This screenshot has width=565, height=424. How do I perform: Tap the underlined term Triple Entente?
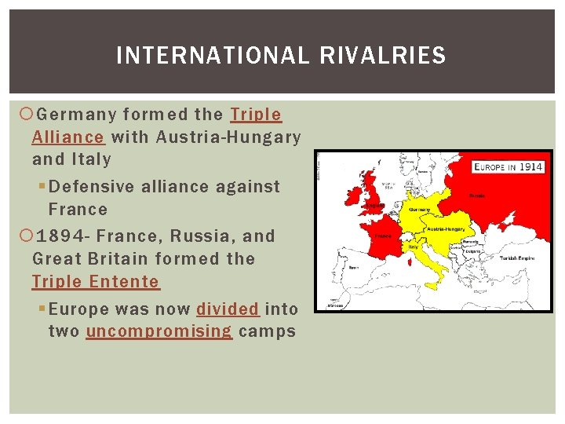pyautogui.click(x=95, y=281)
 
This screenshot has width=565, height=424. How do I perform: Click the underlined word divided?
pyautogui.click(x=228, y=309)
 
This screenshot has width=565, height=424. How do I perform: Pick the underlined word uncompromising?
pyautogui.click(x=159, y=331)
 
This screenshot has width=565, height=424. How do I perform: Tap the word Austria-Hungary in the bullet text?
pyautogui.click(x=228, y=137)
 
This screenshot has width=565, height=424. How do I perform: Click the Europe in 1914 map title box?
pyautogui.click(x=508, y=167)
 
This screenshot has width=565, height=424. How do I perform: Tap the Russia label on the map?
pyautogui.click(x=476, y=196)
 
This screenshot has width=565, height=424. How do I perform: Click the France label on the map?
pyautogui.click(x=383, y=235)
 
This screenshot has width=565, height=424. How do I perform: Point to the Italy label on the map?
pyautogui.click(x=414, y=246)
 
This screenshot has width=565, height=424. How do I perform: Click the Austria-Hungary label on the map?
pyautogui.click(x=446, y=228)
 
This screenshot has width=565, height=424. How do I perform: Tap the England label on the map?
pyautogui.click(x=376, y=206)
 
